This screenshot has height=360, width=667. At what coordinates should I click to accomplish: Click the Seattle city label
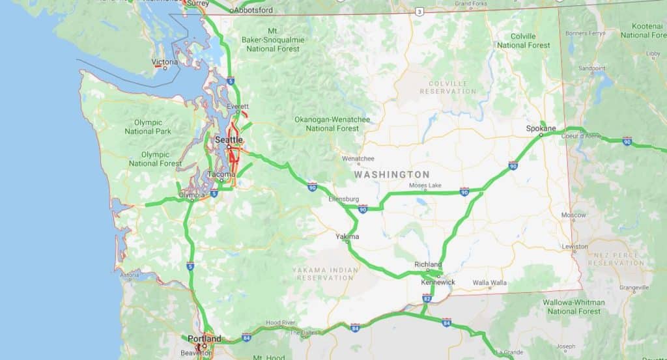(229, 139)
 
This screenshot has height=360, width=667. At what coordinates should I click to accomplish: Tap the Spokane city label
(541, 128)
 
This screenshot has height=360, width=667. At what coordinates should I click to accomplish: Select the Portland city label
(204, 339)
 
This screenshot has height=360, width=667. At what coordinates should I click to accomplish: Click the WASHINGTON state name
(391, 174)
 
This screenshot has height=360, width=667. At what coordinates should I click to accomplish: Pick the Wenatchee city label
(358, 158)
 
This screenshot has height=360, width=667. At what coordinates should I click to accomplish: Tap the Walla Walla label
(489, 283)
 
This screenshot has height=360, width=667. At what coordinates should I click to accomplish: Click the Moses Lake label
(425, 186)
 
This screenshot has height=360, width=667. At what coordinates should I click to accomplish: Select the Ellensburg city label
(345, 199)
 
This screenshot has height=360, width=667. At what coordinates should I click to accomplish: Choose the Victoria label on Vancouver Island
(164, 62)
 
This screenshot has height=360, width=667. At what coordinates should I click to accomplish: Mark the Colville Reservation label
(447, 87)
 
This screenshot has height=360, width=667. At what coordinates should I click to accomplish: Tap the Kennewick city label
(438, 282)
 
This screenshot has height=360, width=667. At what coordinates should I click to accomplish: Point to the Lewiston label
(575, 247)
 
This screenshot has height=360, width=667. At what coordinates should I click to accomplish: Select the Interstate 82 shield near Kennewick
(427, 298)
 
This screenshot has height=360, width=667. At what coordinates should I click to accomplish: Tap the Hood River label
(281, 323)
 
